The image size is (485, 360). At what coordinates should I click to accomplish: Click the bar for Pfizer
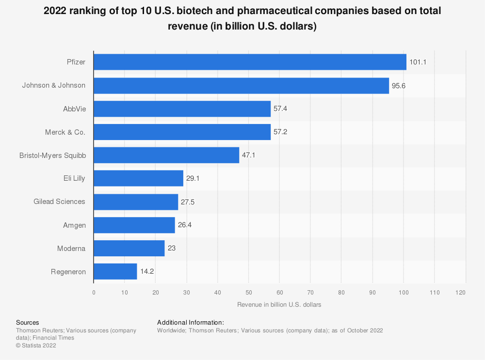click(250, 62)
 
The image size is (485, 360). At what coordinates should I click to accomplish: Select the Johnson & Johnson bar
click(241, 85)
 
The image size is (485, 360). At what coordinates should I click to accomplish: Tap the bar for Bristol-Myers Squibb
click(166, 155)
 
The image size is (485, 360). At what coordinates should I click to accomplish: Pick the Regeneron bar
click(115, 272)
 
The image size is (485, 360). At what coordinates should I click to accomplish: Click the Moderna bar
click(129, 249)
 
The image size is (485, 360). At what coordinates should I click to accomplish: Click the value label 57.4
click(280, 109)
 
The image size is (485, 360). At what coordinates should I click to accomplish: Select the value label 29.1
click(193, 178)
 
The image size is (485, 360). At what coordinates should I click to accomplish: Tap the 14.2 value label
click(147, 272)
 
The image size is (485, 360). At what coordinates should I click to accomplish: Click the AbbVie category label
click(74, 109)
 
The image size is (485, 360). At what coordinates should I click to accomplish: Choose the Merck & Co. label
click(68, 132)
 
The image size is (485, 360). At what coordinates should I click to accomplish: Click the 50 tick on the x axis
click(248, 292)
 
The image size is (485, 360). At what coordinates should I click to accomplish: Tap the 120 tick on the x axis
click(461, 292)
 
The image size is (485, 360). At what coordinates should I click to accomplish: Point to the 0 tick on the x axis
click(94, 292)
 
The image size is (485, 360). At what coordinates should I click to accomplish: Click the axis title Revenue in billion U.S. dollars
click(279, 305)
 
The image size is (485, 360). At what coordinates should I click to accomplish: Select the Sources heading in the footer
click(28, 322)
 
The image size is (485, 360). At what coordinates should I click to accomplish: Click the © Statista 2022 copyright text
click(36, 345)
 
